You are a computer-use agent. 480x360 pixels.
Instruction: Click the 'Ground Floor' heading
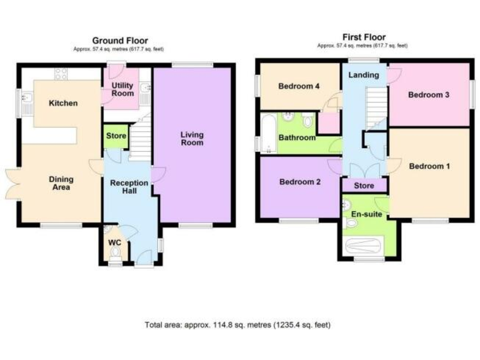pyautogui.click(x=120, y=41)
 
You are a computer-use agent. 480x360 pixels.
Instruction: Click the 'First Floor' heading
pyautogui.click(x=364, y=37)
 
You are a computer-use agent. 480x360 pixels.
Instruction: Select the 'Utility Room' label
pyautogui.click(x=122, y=89)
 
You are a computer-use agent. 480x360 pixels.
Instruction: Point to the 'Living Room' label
pyautogui.click(x=192, y=138)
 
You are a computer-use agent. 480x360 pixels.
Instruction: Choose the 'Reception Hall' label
pyautogui.click(x=129, y=187)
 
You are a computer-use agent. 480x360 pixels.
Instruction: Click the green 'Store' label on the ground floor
pyautogui.click(x=116, y=136)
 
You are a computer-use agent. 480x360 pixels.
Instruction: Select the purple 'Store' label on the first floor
pyautogui.click(x=364, y=186)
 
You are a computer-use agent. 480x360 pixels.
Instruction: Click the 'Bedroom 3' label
pyautogui.click(x=429, y=95)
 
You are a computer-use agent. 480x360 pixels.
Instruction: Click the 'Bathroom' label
pyautogui.click(x=297, y=137)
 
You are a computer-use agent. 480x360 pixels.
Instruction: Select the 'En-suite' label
pyautogui.click(x=366, y=214)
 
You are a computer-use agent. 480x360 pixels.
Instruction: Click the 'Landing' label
pyautogui.click(x=363, y=75)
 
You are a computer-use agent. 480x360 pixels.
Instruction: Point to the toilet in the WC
pyautogui.click(x=114, y=252)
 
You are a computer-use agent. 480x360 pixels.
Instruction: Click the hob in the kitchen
pyautogui.click(x=61, y=74)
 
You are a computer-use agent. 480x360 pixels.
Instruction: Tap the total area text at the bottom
pyautogui.click(x=237, y=325)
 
